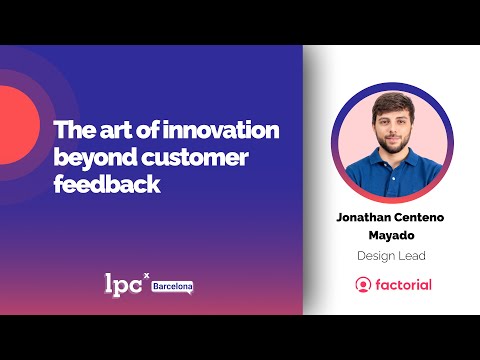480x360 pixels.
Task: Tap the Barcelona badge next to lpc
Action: coord(172,287)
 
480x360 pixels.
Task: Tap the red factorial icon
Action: coord(362,285)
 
